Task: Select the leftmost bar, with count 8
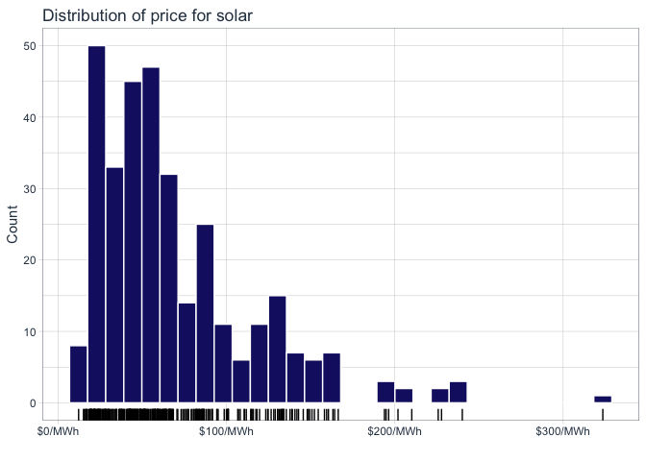79,374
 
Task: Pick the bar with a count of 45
133,242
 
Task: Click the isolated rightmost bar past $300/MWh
603,399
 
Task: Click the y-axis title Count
13,224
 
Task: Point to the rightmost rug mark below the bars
603,414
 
